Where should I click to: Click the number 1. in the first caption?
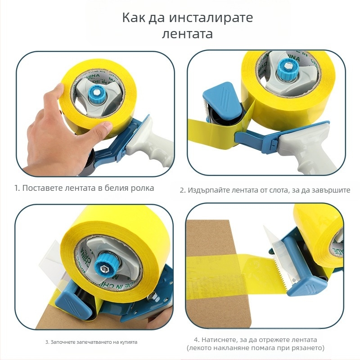[17, 188]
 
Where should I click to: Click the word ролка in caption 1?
[141, 188]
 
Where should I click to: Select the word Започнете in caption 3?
[63, 342]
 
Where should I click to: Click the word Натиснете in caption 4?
[220, 340]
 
